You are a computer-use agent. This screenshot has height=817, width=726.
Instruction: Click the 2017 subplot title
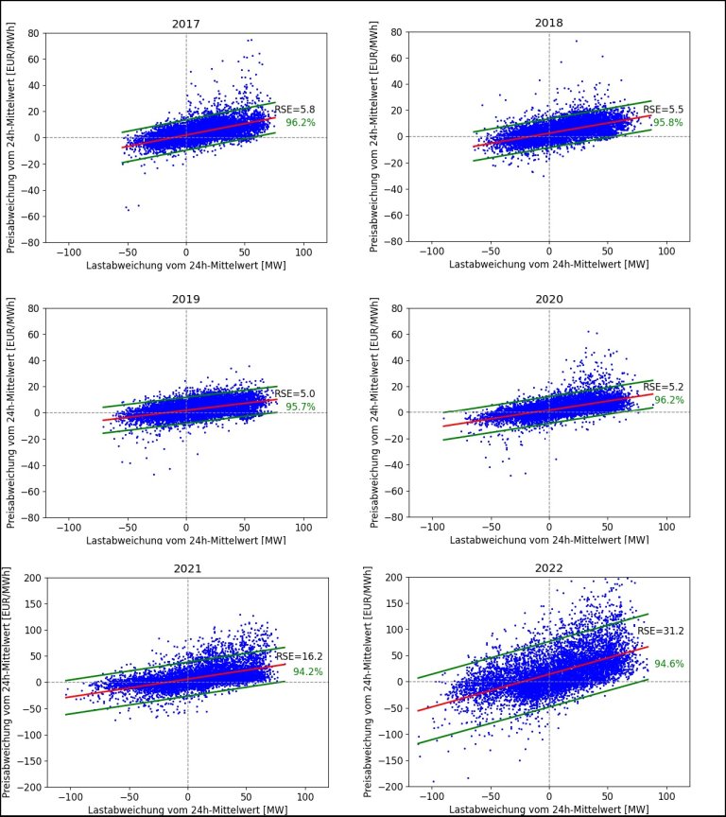(185, 24)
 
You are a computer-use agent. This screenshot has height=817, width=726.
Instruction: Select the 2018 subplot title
(548, 23)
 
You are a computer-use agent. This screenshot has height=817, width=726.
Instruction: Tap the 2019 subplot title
(185, 299)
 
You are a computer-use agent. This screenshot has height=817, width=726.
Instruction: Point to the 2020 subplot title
(548, 299)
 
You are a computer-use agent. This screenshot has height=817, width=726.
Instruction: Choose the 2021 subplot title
(187, 568)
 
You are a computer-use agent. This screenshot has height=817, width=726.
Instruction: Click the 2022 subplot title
(549, 568)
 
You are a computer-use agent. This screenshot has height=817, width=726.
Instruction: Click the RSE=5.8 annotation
(288, 110)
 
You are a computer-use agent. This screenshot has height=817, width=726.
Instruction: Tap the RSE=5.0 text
(289, 394)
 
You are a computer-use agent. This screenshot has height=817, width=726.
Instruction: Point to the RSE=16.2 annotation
(292, 655)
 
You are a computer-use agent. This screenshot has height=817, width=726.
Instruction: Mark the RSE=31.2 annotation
(655, 631)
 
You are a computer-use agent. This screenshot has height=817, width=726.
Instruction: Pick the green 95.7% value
(300, 408)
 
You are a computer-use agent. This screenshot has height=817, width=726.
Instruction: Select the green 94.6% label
(668, 664)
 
